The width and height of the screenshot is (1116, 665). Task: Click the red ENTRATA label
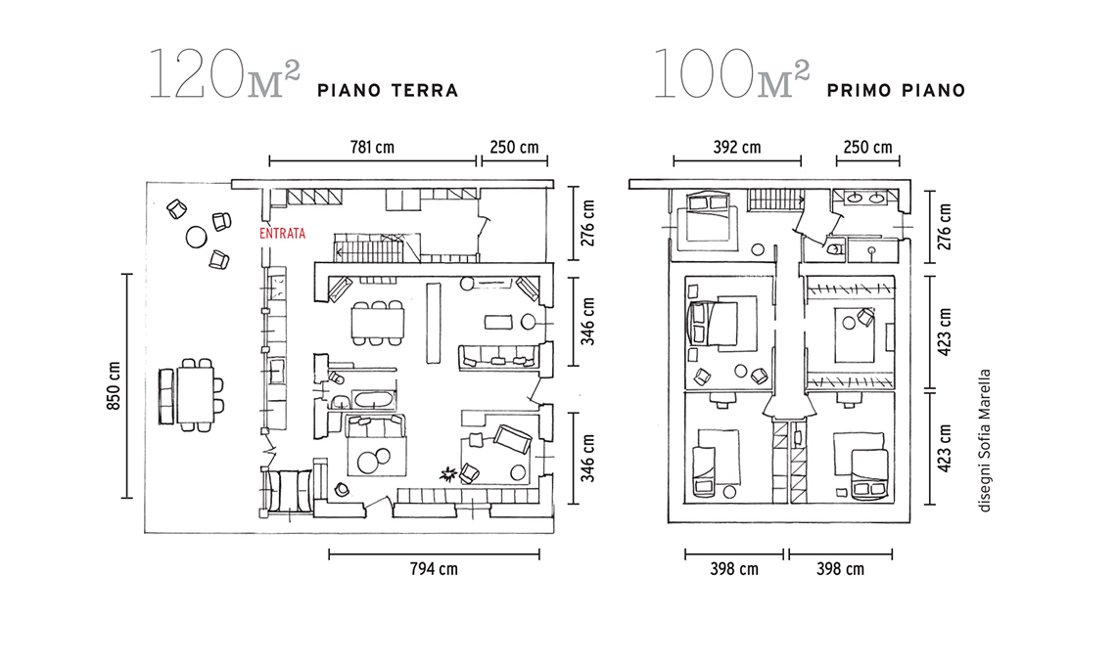pyautogui.click(x=283, y=234)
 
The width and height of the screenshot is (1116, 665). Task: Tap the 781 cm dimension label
pyautogui.click(x=372, y=148)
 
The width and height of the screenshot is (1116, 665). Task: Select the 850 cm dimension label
pyautogui.click(x=114, y=385)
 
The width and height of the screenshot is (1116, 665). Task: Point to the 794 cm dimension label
pyautogui.click(x=434, y=569)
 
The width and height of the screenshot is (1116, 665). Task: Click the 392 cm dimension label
pyautogui.click(x=737, y=148)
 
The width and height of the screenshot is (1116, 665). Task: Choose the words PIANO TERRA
pyautogui.click(x=388, y=90)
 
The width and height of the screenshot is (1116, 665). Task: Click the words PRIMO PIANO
pyautogui.click(x=896, y=90)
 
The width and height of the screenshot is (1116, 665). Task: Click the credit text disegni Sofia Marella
pyautogui.click(x=985, y=441)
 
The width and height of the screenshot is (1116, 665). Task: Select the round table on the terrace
pyautogui.click(x=197, y=237)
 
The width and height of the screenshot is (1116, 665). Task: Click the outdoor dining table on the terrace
pyautogui.click(x=195, y=395)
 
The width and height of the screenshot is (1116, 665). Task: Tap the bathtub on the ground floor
pyautogui.click(x=374, y=400)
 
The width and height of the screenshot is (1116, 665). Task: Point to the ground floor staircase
pyautogui.click(x=370, y=246)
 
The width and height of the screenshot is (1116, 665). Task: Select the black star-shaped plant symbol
pyautogui.click(x=448, y=473)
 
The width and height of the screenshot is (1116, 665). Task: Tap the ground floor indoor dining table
pyautogui.click(x=377, y=323)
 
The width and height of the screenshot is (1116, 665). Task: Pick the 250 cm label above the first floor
pyautogui.click(x=867, y=148)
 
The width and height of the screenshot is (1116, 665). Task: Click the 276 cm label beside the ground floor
pyautogui.click(x=588, y=223)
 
